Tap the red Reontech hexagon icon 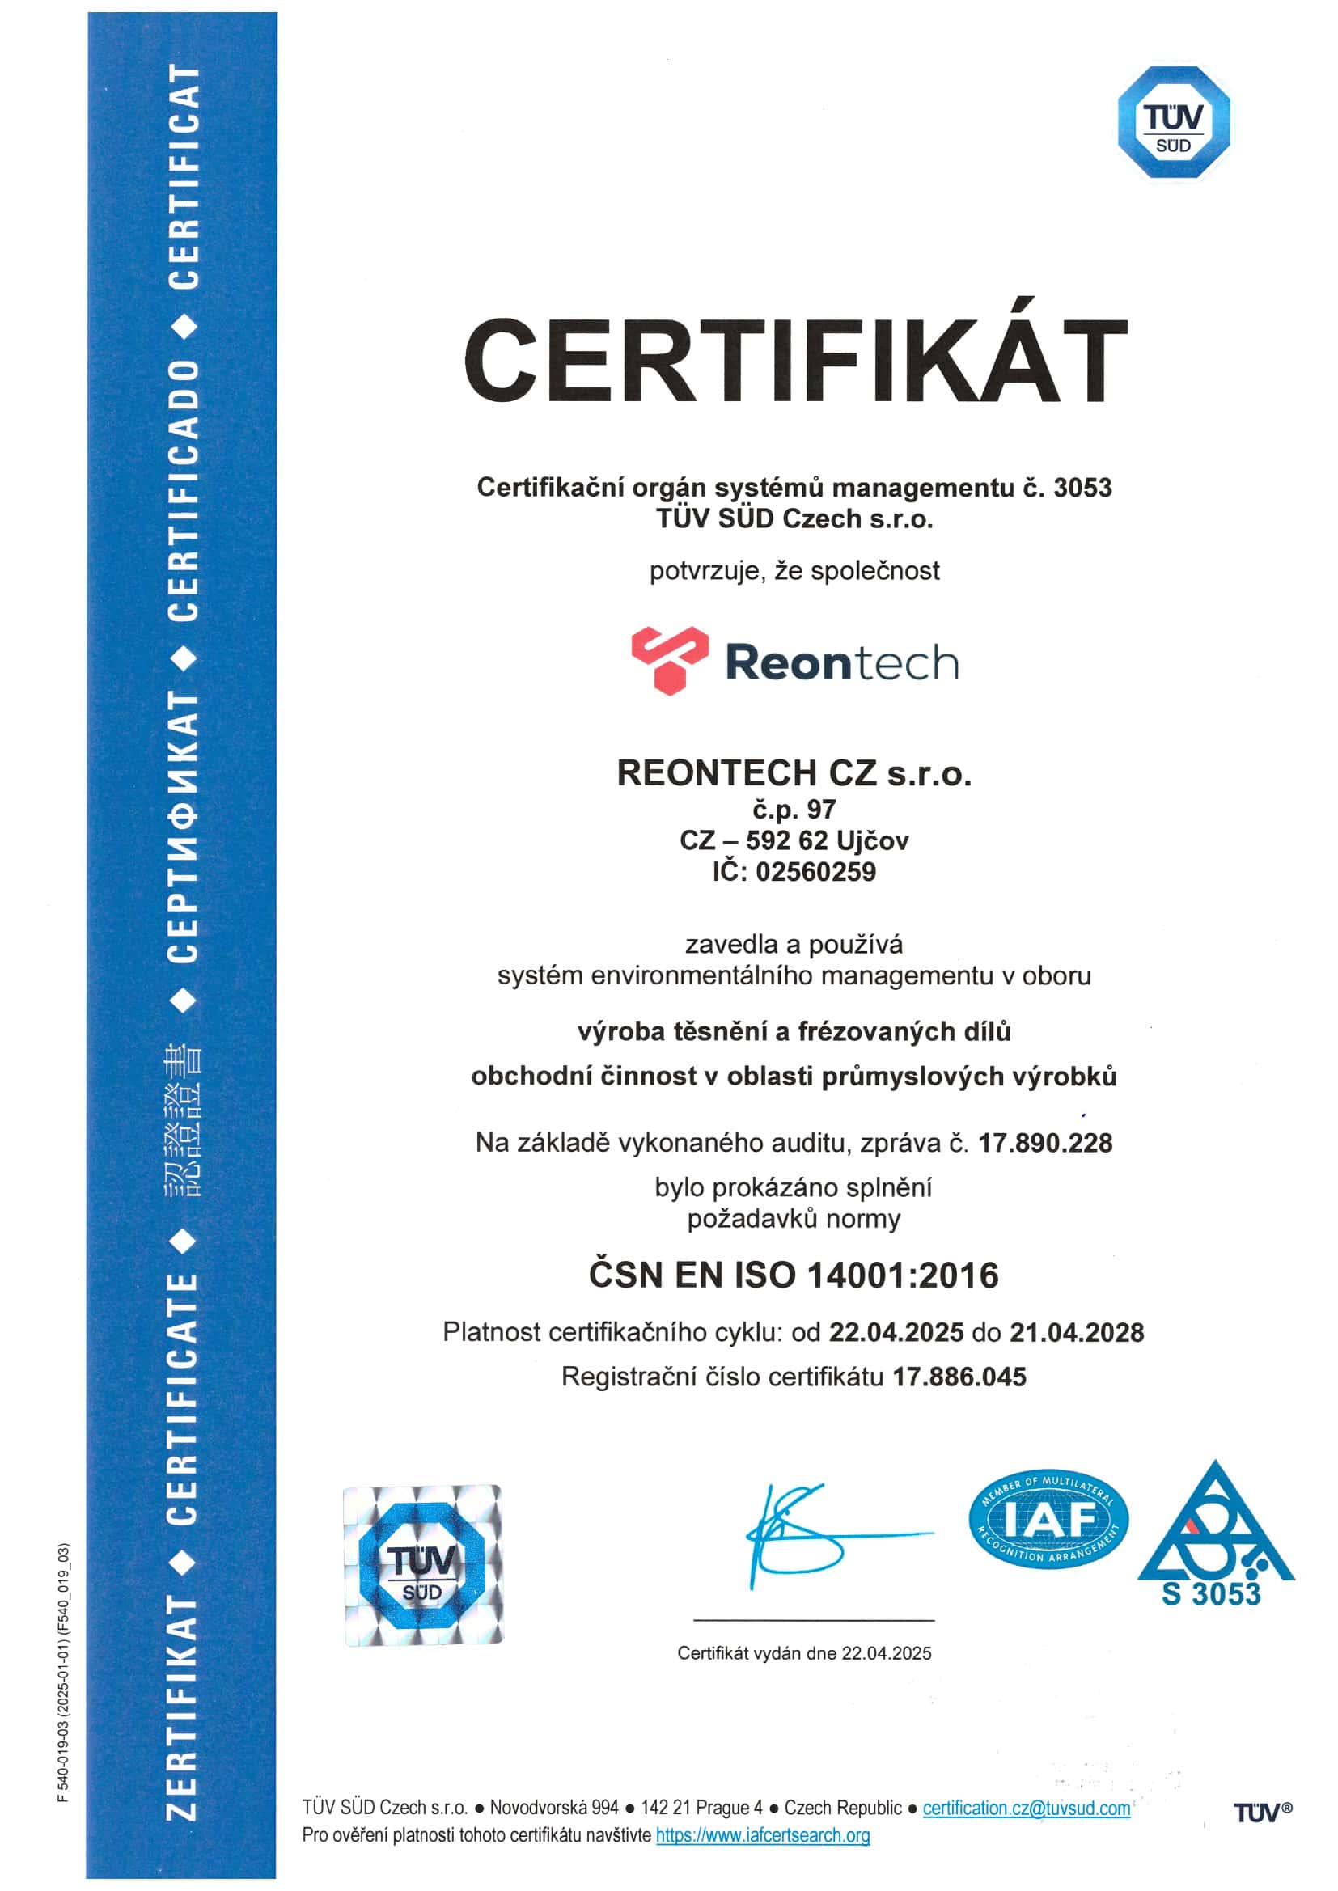[670, 660]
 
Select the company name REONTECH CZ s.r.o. [794, 772]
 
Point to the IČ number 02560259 [815, 871]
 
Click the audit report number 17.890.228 [1044, 1143]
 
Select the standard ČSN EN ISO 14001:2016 [794, 1275]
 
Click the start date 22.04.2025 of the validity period [896, 1333]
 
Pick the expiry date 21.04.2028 [1077, 1333]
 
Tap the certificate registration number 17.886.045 [959, 1377]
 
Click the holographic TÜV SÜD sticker [422, 1566]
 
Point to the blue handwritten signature [815, 1536]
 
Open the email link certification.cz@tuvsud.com [1026, 1808]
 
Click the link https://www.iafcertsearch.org [762, 1835]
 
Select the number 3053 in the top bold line [1082, 488]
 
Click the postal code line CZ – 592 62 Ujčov [794, 840]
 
